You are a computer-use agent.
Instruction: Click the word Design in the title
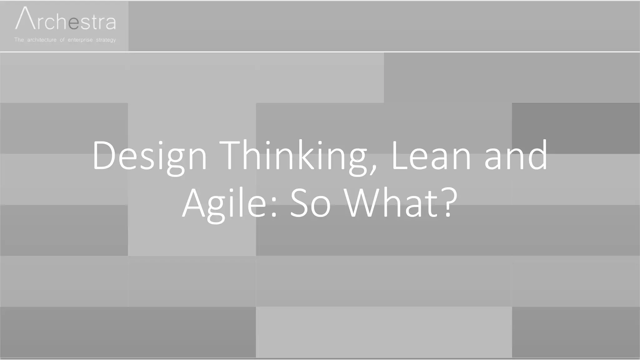(149, 156)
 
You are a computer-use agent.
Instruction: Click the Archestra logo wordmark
(66, 20)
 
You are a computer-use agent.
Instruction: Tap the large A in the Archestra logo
(25, 19)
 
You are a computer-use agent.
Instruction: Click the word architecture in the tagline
(42, 40)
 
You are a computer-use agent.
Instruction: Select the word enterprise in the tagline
(80, 40)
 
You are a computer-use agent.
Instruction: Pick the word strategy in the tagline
(106, 40)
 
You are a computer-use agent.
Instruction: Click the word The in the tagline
(19, 40)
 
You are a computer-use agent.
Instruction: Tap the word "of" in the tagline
(62, 40)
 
